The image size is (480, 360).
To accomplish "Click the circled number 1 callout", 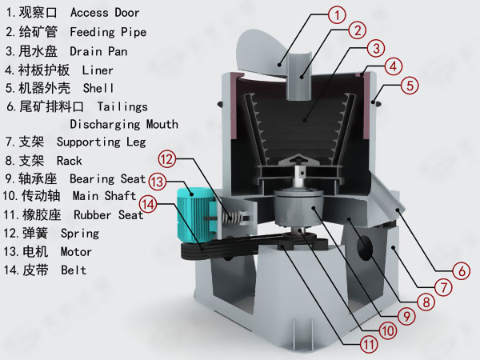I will pyautogui.click(x=338, y=14).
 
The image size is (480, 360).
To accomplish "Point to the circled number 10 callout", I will pyautogui.click(x=387, y=330).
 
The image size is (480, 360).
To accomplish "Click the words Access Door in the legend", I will pyautogui.click(x=105, y=13).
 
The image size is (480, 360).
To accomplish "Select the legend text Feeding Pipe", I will pyautogui.click(x=108, y=33).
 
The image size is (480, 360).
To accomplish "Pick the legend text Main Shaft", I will pyautogui.click(x=104, y=196).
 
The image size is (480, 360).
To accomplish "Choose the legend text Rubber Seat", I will pyautogui.click(x=109, y=214).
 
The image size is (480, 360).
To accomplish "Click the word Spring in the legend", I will pyautogui.click(x=80, y=234).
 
